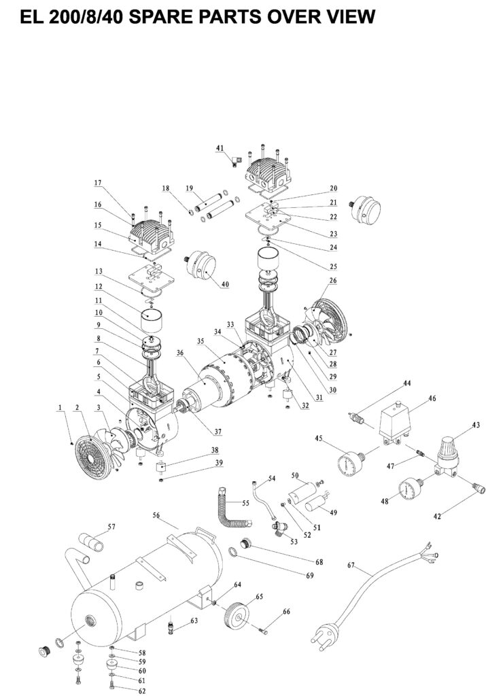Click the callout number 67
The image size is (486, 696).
point(351,565)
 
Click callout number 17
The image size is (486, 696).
point(97,183)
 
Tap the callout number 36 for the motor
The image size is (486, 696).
point(180,353)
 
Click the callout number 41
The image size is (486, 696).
point(220,147)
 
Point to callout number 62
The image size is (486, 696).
point(142,691)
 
